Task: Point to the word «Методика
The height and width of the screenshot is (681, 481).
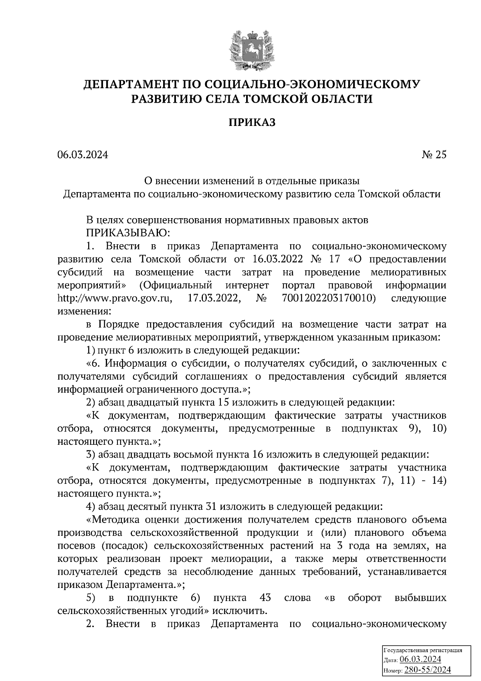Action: [x=113, y=520]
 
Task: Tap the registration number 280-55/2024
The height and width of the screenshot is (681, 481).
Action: [x=428, y=670]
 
